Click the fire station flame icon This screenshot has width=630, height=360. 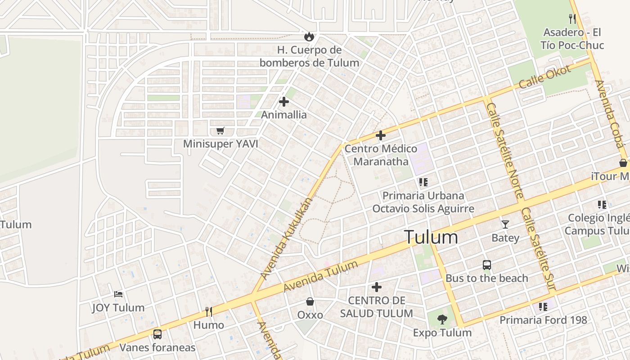pyautogui.click(x=309, y=36)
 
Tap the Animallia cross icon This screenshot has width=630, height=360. pyautogui.click(x=284, y=102)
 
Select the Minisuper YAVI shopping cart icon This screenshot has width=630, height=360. pyautogui.click(x=220, y=131)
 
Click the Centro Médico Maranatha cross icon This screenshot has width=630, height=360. pyautogui.click(x=381, y=135)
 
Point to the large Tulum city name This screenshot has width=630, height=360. pyautogui.click(x=431, y=237)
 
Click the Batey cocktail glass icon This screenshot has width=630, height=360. pyautogui.click(x=505, y=224)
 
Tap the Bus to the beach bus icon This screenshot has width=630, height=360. pyautogui.click(x=487, y=265)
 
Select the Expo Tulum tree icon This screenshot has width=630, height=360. pyautogui.click(x=442, y=319)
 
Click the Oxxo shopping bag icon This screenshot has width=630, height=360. pyautogui.click(x=310, y=301)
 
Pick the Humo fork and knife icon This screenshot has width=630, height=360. pyautogui.click(x=209, y=311)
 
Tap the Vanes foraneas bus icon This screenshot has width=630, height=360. pyautogui.click(x=157, y=334)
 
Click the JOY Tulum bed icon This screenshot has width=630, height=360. pyautogui.click(x=118, y=294)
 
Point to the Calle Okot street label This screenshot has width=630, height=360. pyautogui.click(x=544, y=77)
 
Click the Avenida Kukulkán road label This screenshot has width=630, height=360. pyautogui.click(x=286, y=238)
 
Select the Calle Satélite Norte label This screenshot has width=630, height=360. pyautogui.click(x=505, y=150)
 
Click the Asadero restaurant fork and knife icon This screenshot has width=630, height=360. pyautogui.click(x=572, y=19)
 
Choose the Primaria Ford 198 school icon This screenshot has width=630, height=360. pyautogui.click(x=543, y=307)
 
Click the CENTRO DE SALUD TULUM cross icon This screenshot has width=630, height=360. pyautogui.click(x=377, y=287)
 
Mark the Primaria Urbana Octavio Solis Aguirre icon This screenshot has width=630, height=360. pyautogui.click(x=423, y=182)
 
